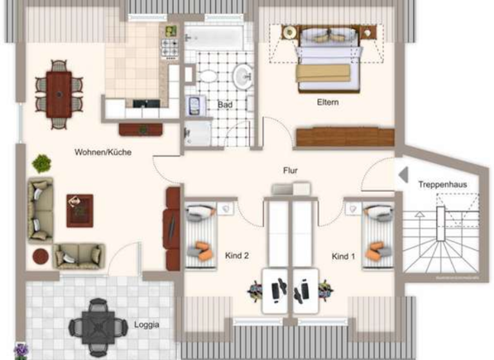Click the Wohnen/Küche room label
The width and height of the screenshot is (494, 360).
click(x=103, y=152)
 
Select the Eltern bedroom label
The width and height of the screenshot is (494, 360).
click(x=327, y=102)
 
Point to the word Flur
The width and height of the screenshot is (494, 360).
click(x=291, y=170)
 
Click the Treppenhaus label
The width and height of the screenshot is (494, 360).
click(x=443, y=184)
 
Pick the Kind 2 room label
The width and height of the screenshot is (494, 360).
click(x=237, y=255)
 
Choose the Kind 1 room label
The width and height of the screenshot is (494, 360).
click(x=343, y=256)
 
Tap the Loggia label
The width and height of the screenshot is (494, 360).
click(x=147, y=325)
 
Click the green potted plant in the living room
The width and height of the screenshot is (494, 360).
click(x=42, y=163)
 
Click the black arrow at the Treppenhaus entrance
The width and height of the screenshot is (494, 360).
click(x=403, y=174)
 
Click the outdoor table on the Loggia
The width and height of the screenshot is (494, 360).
click(x=97, y=325)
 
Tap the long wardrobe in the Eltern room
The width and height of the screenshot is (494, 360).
click(x=344, y=137)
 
